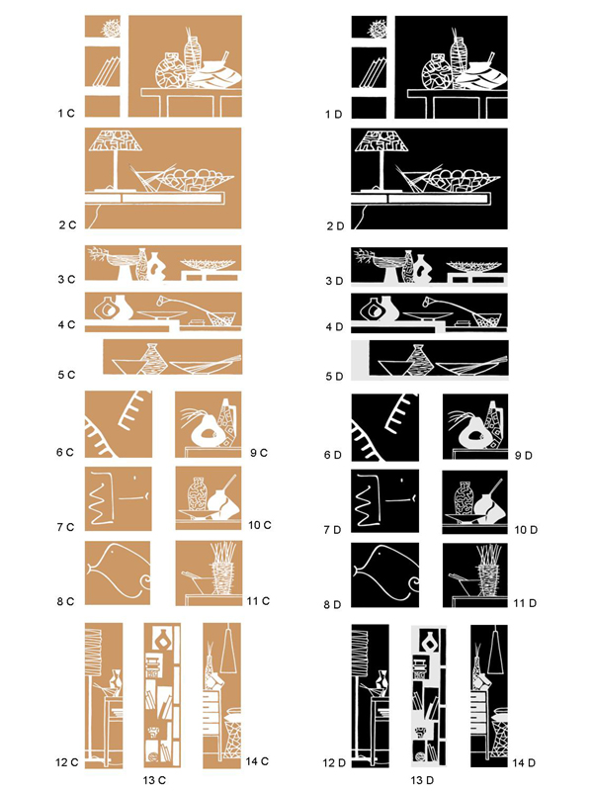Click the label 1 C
66,114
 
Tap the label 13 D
422,780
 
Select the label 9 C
259,453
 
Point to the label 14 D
524,762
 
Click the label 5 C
66,375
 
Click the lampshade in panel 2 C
116,140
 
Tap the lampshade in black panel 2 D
381,140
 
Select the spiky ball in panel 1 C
112,28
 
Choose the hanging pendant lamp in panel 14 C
229,652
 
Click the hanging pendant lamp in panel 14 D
496,652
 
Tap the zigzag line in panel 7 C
101,498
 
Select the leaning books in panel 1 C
107,71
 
